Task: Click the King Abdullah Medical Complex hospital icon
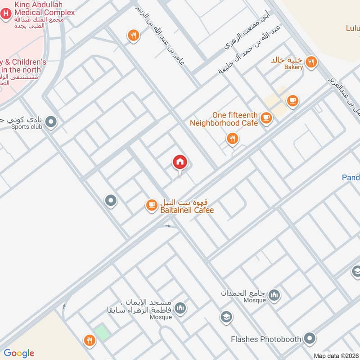pos(5,13)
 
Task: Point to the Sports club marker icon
pos(51,121)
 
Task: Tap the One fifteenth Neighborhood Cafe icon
pos(267,118)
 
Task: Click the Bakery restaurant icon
pos(310,62)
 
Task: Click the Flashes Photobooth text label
pos(265,339)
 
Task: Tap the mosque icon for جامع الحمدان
pos(274,295)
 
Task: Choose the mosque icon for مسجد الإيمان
pos(180,308)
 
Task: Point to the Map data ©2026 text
pos(335,355)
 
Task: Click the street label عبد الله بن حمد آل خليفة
pos(250,49)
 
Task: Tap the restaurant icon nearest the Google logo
pos(90,340)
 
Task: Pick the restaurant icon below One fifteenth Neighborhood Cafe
pos(232,139)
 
